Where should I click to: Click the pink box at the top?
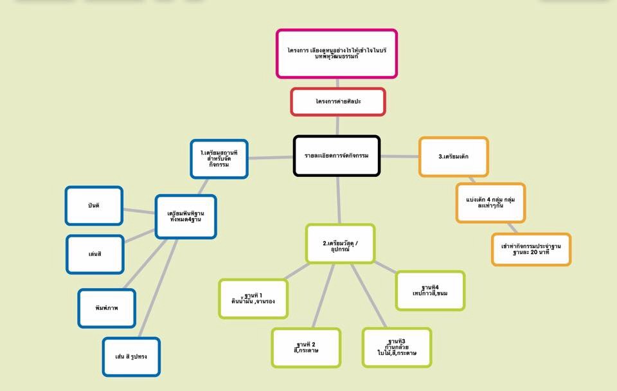336,53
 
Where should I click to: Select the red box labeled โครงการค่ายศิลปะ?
337,102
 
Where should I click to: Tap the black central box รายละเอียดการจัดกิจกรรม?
337,156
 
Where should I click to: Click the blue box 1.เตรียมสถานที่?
219,158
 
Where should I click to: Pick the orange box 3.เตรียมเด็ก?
453,156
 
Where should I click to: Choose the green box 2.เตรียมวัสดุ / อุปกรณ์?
340,244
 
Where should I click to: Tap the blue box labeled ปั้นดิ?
94,206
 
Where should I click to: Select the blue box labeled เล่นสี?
95,254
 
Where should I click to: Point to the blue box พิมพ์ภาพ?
107,308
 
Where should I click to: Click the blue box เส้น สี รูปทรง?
131,356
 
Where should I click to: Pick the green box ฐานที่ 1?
253,298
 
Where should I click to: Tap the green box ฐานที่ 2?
306,348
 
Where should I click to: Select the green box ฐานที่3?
397,347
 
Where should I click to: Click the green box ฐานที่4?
430,291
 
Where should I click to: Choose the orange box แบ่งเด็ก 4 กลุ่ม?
490,203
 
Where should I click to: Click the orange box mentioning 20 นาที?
531,250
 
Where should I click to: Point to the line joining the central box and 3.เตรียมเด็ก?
399,156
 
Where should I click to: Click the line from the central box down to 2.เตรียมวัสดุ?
339,200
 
